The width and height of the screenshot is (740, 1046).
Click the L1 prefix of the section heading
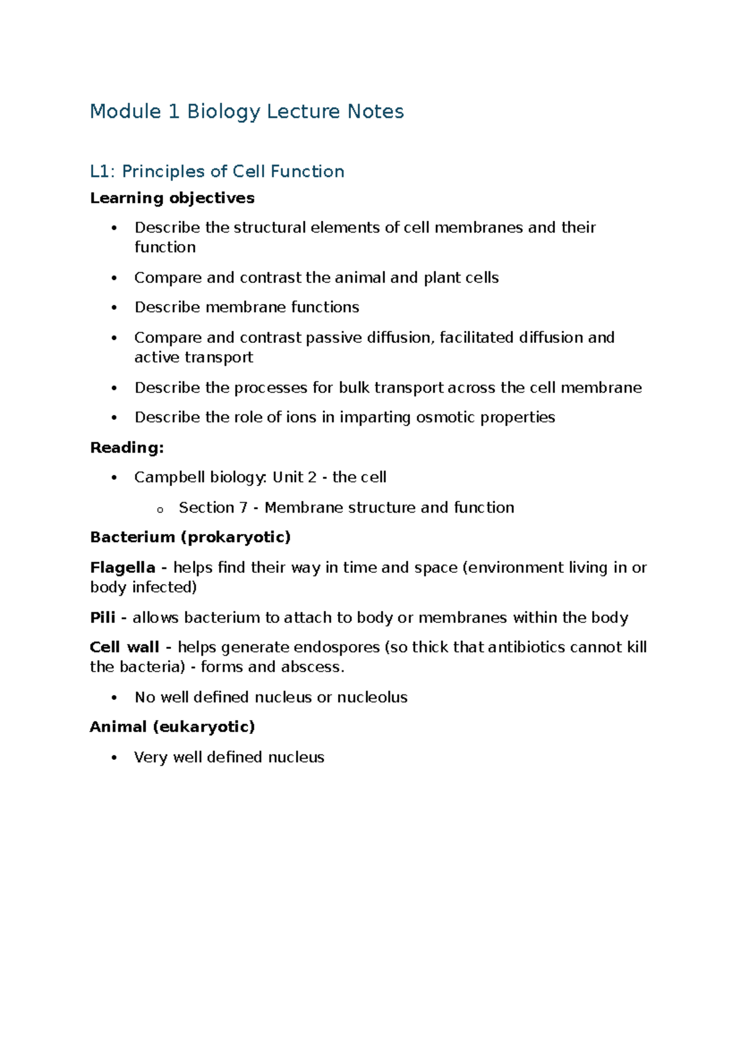click(101, 171)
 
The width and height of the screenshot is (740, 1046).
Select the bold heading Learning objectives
click(172, 198)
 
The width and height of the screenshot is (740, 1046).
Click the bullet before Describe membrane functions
click(114, 308)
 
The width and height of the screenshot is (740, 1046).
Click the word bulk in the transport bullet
click(353, 388)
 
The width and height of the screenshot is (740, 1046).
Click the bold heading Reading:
click(127, 448)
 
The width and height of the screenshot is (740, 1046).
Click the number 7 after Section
click(243, 508)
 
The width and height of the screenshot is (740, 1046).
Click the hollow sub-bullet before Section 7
click(160, 509)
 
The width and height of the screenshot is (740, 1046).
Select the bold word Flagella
click(122, 567)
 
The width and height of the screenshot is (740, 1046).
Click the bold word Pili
click(102, 617)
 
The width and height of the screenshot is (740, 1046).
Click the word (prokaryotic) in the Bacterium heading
click(235, 537)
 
